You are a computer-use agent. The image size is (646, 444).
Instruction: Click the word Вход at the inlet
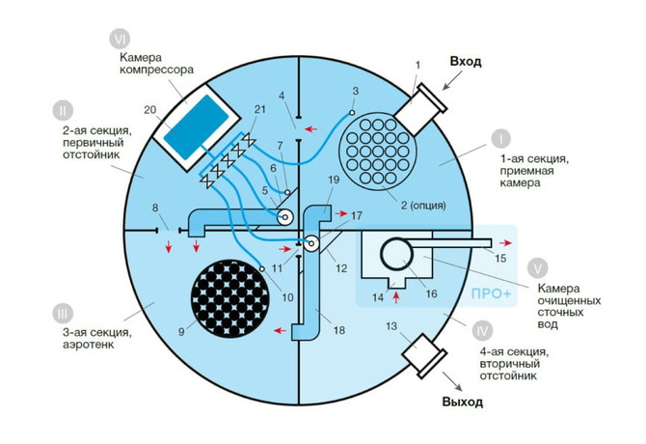click(x=466, y=62)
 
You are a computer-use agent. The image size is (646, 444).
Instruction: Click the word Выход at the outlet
click(x=463, y=402)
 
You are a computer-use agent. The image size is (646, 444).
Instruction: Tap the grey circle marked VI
click(x=120, y=40)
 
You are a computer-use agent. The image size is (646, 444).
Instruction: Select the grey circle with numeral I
click(x=500, y=139)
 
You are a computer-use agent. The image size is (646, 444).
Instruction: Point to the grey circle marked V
click(x=538, y=268)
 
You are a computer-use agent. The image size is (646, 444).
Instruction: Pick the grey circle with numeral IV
click(x=482, y=331)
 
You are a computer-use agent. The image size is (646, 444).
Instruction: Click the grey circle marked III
click(x=63, y=314)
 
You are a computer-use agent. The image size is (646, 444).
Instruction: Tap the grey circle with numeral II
click(x=63, y=110)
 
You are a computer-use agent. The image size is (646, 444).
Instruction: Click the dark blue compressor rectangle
click(x=197, y=126)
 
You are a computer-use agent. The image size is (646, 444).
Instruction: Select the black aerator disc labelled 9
click(x=230, y=299)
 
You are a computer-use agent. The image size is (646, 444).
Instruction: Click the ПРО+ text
click(x=491, y=294)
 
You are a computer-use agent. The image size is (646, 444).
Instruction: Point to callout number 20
click(x=150, y=110)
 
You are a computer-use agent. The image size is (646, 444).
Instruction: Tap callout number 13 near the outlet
click(x=391, y=326)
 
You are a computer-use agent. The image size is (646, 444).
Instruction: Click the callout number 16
click(x=431, y=293)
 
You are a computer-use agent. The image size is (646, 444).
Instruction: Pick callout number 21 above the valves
click(x=260, y=109)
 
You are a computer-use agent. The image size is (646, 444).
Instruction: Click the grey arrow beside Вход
click(x=452, y=80)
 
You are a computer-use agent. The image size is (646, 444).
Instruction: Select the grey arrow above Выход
click(x=452, y=381)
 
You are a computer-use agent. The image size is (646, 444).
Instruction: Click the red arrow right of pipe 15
click(x=506, y=243)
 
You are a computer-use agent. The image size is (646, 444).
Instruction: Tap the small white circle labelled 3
click(x=352, y=113)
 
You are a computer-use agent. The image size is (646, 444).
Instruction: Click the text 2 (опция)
click(x=423, y=205)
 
